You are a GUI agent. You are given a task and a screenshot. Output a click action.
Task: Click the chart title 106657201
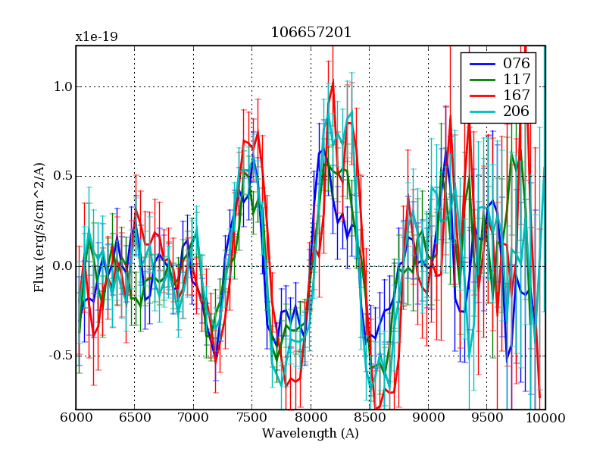(311, 33)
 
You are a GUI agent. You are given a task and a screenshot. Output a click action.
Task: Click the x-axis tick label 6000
(76, 419)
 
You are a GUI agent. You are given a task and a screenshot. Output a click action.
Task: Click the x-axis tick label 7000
(193, 419)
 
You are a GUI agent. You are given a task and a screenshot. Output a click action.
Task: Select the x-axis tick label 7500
(252, 419)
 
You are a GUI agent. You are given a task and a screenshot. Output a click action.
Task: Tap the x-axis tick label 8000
(311, 419)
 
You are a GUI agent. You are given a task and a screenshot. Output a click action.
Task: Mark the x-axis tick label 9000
(428, 419)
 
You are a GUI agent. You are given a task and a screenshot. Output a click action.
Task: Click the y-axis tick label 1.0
(62, 86)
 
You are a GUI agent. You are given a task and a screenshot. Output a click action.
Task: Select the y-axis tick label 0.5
(62, 176)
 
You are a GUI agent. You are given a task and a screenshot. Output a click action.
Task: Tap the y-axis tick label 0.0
(62, 265)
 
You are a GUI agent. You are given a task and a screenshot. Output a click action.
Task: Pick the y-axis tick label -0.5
(60, 355)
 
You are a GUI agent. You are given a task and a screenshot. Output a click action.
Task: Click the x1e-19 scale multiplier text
(96, 37)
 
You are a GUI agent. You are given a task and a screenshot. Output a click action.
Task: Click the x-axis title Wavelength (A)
(311, 434)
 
